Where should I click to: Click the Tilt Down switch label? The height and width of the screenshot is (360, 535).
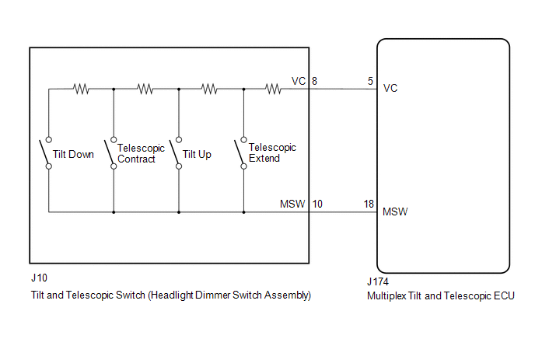[73, 154]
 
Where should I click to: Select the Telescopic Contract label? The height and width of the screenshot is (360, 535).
[141, 153]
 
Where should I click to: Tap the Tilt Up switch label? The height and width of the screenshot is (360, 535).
[197, 155]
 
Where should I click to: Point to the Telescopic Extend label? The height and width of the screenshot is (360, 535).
[272, 153]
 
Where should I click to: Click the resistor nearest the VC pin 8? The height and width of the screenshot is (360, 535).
[273, 89]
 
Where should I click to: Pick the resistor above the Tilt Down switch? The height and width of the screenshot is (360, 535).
[81, 89]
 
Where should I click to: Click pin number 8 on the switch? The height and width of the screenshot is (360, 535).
[314, 81]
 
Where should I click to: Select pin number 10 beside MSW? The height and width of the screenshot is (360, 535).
[317, 204]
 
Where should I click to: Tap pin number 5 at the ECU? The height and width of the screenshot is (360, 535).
[371, 81]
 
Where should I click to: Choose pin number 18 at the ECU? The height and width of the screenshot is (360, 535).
[369, 204]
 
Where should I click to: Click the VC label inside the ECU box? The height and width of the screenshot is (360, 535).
[390, 89]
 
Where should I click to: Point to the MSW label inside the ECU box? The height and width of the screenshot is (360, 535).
[395, 212]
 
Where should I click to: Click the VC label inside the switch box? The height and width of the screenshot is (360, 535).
[299, 81]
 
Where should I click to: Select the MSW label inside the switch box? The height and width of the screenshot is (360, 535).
[292, 204]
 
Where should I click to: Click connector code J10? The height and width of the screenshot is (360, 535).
[39, 278]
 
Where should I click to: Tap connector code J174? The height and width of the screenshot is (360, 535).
[378, 282]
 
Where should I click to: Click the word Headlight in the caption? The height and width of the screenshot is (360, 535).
[173, 295]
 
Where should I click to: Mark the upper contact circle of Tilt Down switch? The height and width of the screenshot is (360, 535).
[49, 139]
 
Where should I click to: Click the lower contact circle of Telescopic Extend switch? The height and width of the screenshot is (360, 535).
[243, 166]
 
